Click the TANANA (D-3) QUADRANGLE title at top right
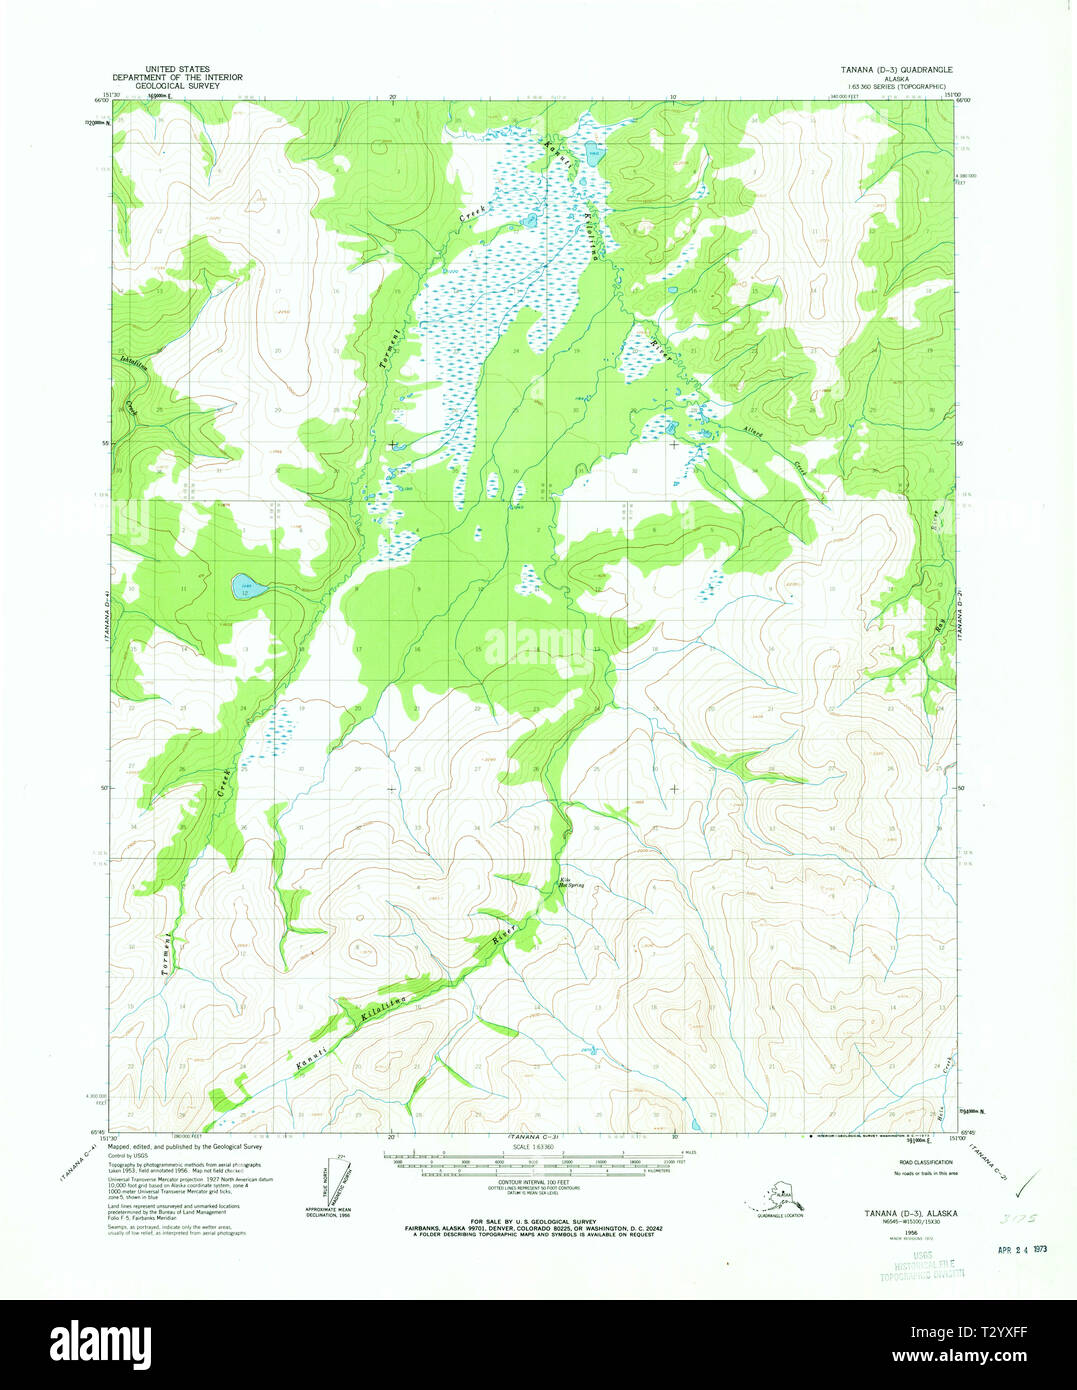pos(896,70)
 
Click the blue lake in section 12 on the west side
pos(249,587)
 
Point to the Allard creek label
pos(754,432)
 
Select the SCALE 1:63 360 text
pos(533,1147)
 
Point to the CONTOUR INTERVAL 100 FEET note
pos(534,1182)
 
